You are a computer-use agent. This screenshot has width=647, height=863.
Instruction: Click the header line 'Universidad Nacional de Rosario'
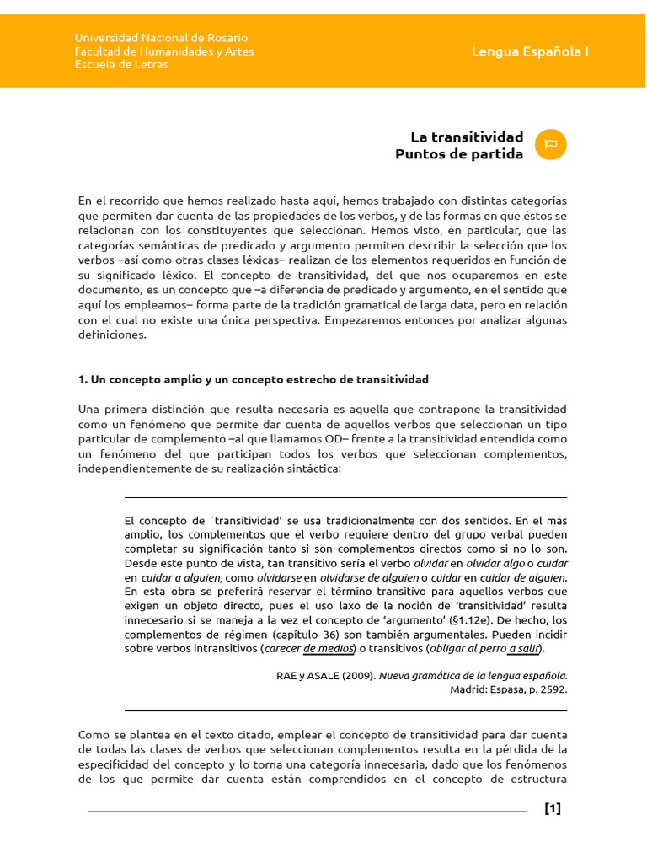click(x=161, y=38)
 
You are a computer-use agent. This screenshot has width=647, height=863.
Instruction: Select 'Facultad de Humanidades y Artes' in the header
click(x=164, y=51)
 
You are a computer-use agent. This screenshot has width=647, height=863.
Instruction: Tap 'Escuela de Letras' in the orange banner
click(x=121, y=65)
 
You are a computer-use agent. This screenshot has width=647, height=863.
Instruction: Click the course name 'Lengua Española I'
click(x=530, y=51)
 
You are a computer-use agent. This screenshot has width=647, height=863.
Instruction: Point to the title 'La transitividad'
click(x=467, y=137)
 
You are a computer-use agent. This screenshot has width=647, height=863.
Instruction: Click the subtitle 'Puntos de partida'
click(x=459, y=154)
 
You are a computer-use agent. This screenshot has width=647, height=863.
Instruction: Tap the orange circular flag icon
click(x=551, y=145)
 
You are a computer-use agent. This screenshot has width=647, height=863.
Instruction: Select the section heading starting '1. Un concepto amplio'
click(x=254, y=379)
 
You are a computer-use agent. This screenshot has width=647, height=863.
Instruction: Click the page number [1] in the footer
click(x=553, y=809)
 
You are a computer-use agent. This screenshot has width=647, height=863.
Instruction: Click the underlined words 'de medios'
click(x=327, y=648)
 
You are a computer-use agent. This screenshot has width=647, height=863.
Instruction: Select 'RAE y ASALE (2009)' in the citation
click(x=325, y=675)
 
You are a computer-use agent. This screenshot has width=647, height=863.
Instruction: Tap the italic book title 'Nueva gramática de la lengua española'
click(x=473, y=675)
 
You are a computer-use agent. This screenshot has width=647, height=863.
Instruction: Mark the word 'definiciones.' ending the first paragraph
click(x=113, y=335)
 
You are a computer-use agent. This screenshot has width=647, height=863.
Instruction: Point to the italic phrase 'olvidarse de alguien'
click(x=369, y=577)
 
